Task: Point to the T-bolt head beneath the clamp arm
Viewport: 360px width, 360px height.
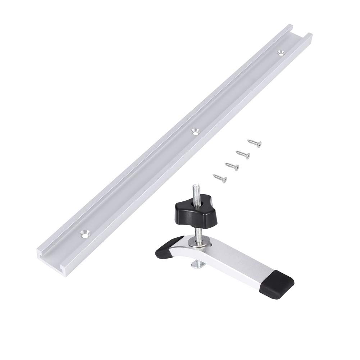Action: click(x=197, y=265)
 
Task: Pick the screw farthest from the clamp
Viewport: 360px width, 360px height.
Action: click(x=254, y=143)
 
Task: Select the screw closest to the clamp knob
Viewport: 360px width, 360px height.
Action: click(x=219, y=178)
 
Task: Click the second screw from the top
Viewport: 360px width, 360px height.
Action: click(x=243, y=155)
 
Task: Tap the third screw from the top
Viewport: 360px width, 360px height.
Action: click(x=232, y=166)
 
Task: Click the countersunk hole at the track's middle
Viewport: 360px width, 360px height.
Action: click(x=196, y=131)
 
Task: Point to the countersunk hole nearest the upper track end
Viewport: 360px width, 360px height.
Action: click(x=281, y=52)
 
